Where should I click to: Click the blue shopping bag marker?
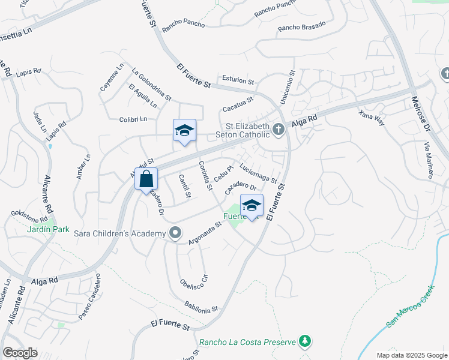pos(146,179)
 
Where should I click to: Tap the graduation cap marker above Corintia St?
pos(185,131)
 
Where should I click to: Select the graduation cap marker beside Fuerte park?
pos(252,206)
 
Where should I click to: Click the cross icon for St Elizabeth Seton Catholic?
pos(278,129)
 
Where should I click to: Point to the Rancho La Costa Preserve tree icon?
pos(306,341)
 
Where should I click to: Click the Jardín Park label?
pos(47,229)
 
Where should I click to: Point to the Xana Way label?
pos(371,116)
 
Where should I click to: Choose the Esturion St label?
pos(238,80)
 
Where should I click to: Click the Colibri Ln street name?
pos(133,119)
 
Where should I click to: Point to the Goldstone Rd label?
pos(29,213)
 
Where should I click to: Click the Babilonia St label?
pos(201,307)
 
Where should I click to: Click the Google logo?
pos(20,353)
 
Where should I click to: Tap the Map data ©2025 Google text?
pos(411,355)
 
